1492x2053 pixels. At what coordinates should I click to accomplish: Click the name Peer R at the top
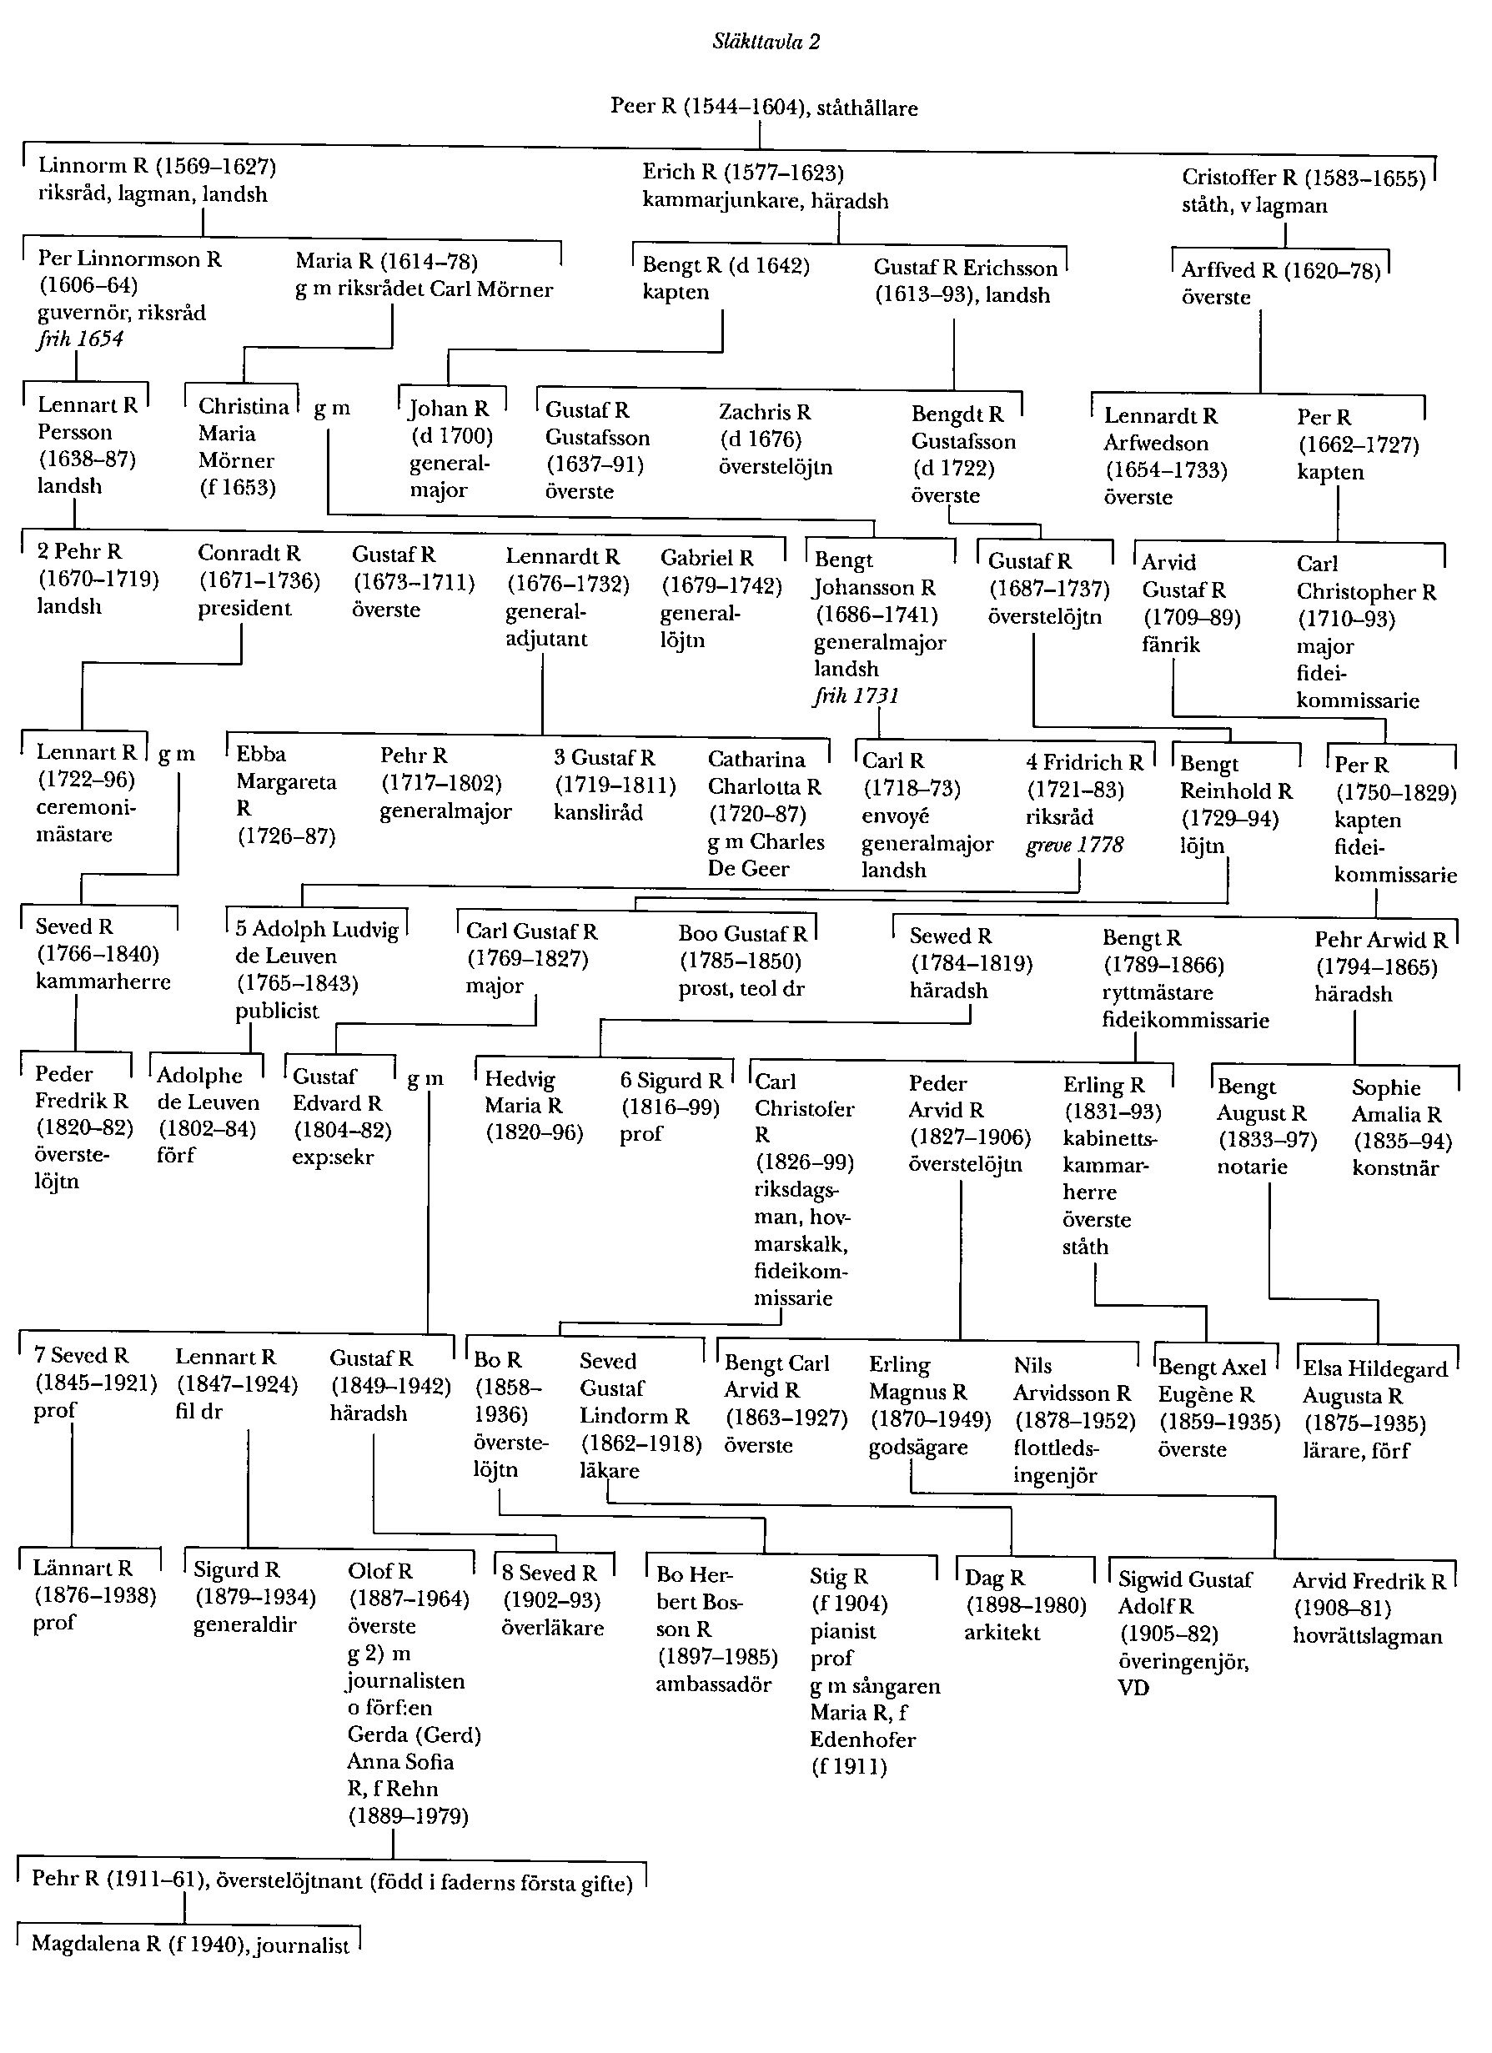click(644, 106)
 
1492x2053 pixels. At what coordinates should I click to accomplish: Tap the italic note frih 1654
click(81, 339)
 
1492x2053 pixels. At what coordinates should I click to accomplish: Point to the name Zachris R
click(765, 413)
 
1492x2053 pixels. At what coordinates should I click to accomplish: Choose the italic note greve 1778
click(1075, 845)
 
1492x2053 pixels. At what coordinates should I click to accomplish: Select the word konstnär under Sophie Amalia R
click(1395, 1167)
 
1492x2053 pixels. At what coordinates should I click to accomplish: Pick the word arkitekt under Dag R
click(1002, 1632)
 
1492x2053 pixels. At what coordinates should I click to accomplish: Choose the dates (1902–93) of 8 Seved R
click(551, 1600)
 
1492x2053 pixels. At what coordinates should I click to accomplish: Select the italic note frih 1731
click(857, 695)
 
